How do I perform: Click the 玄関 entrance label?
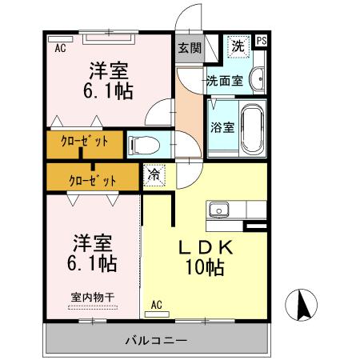[189, 47]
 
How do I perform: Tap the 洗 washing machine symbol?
[238, 47]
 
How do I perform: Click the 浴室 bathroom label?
[222, 126]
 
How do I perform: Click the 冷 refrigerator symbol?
[153, 172]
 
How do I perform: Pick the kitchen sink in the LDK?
[218, 210]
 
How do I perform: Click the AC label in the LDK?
[157, 304]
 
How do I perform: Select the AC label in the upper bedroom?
[60, 48]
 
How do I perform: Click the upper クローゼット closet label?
[84, 145]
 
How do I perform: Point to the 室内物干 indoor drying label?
[92, 297]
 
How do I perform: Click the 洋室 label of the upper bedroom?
[106, 69]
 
